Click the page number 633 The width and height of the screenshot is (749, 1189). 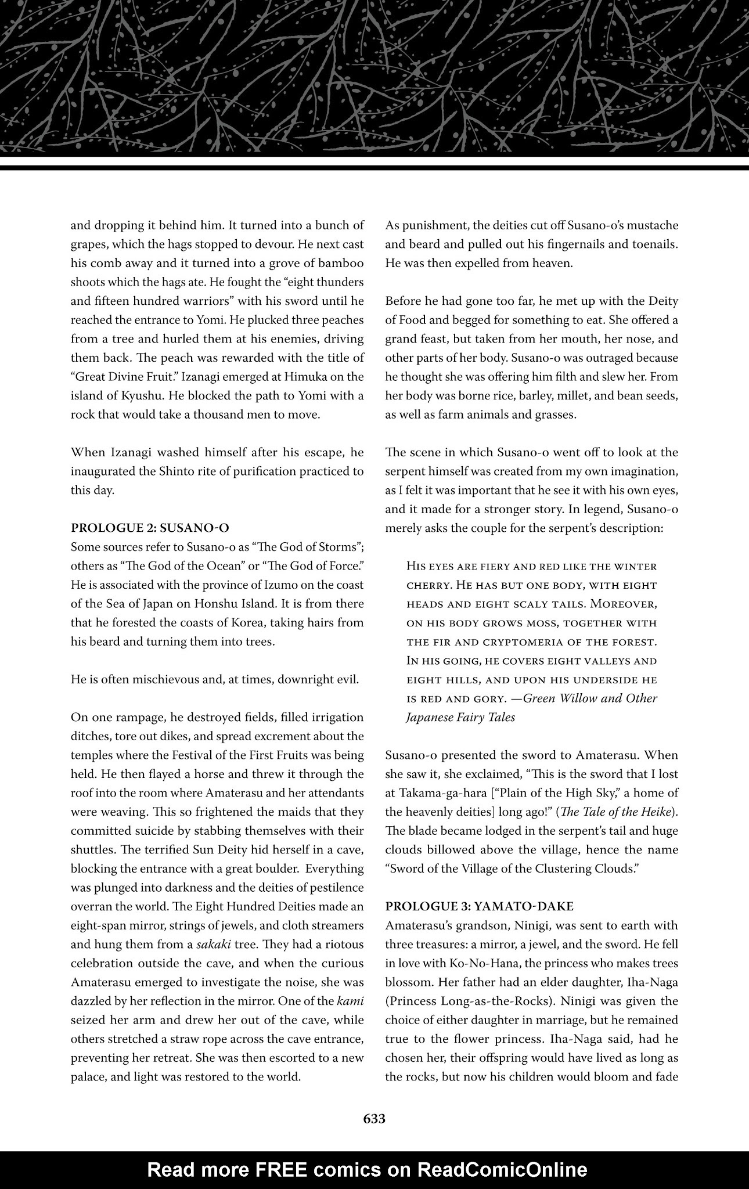(x=374, y=1119)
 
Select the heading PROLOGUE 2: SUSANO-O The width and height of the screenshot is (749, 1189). (x=150, y=528)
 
